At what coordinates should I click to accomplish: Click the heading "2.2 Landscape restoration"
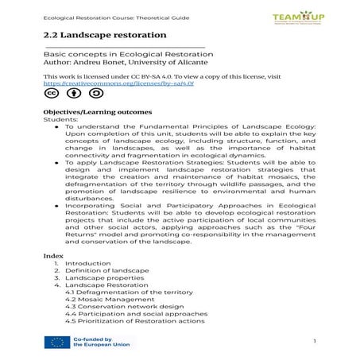click(x=105, y=35)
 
